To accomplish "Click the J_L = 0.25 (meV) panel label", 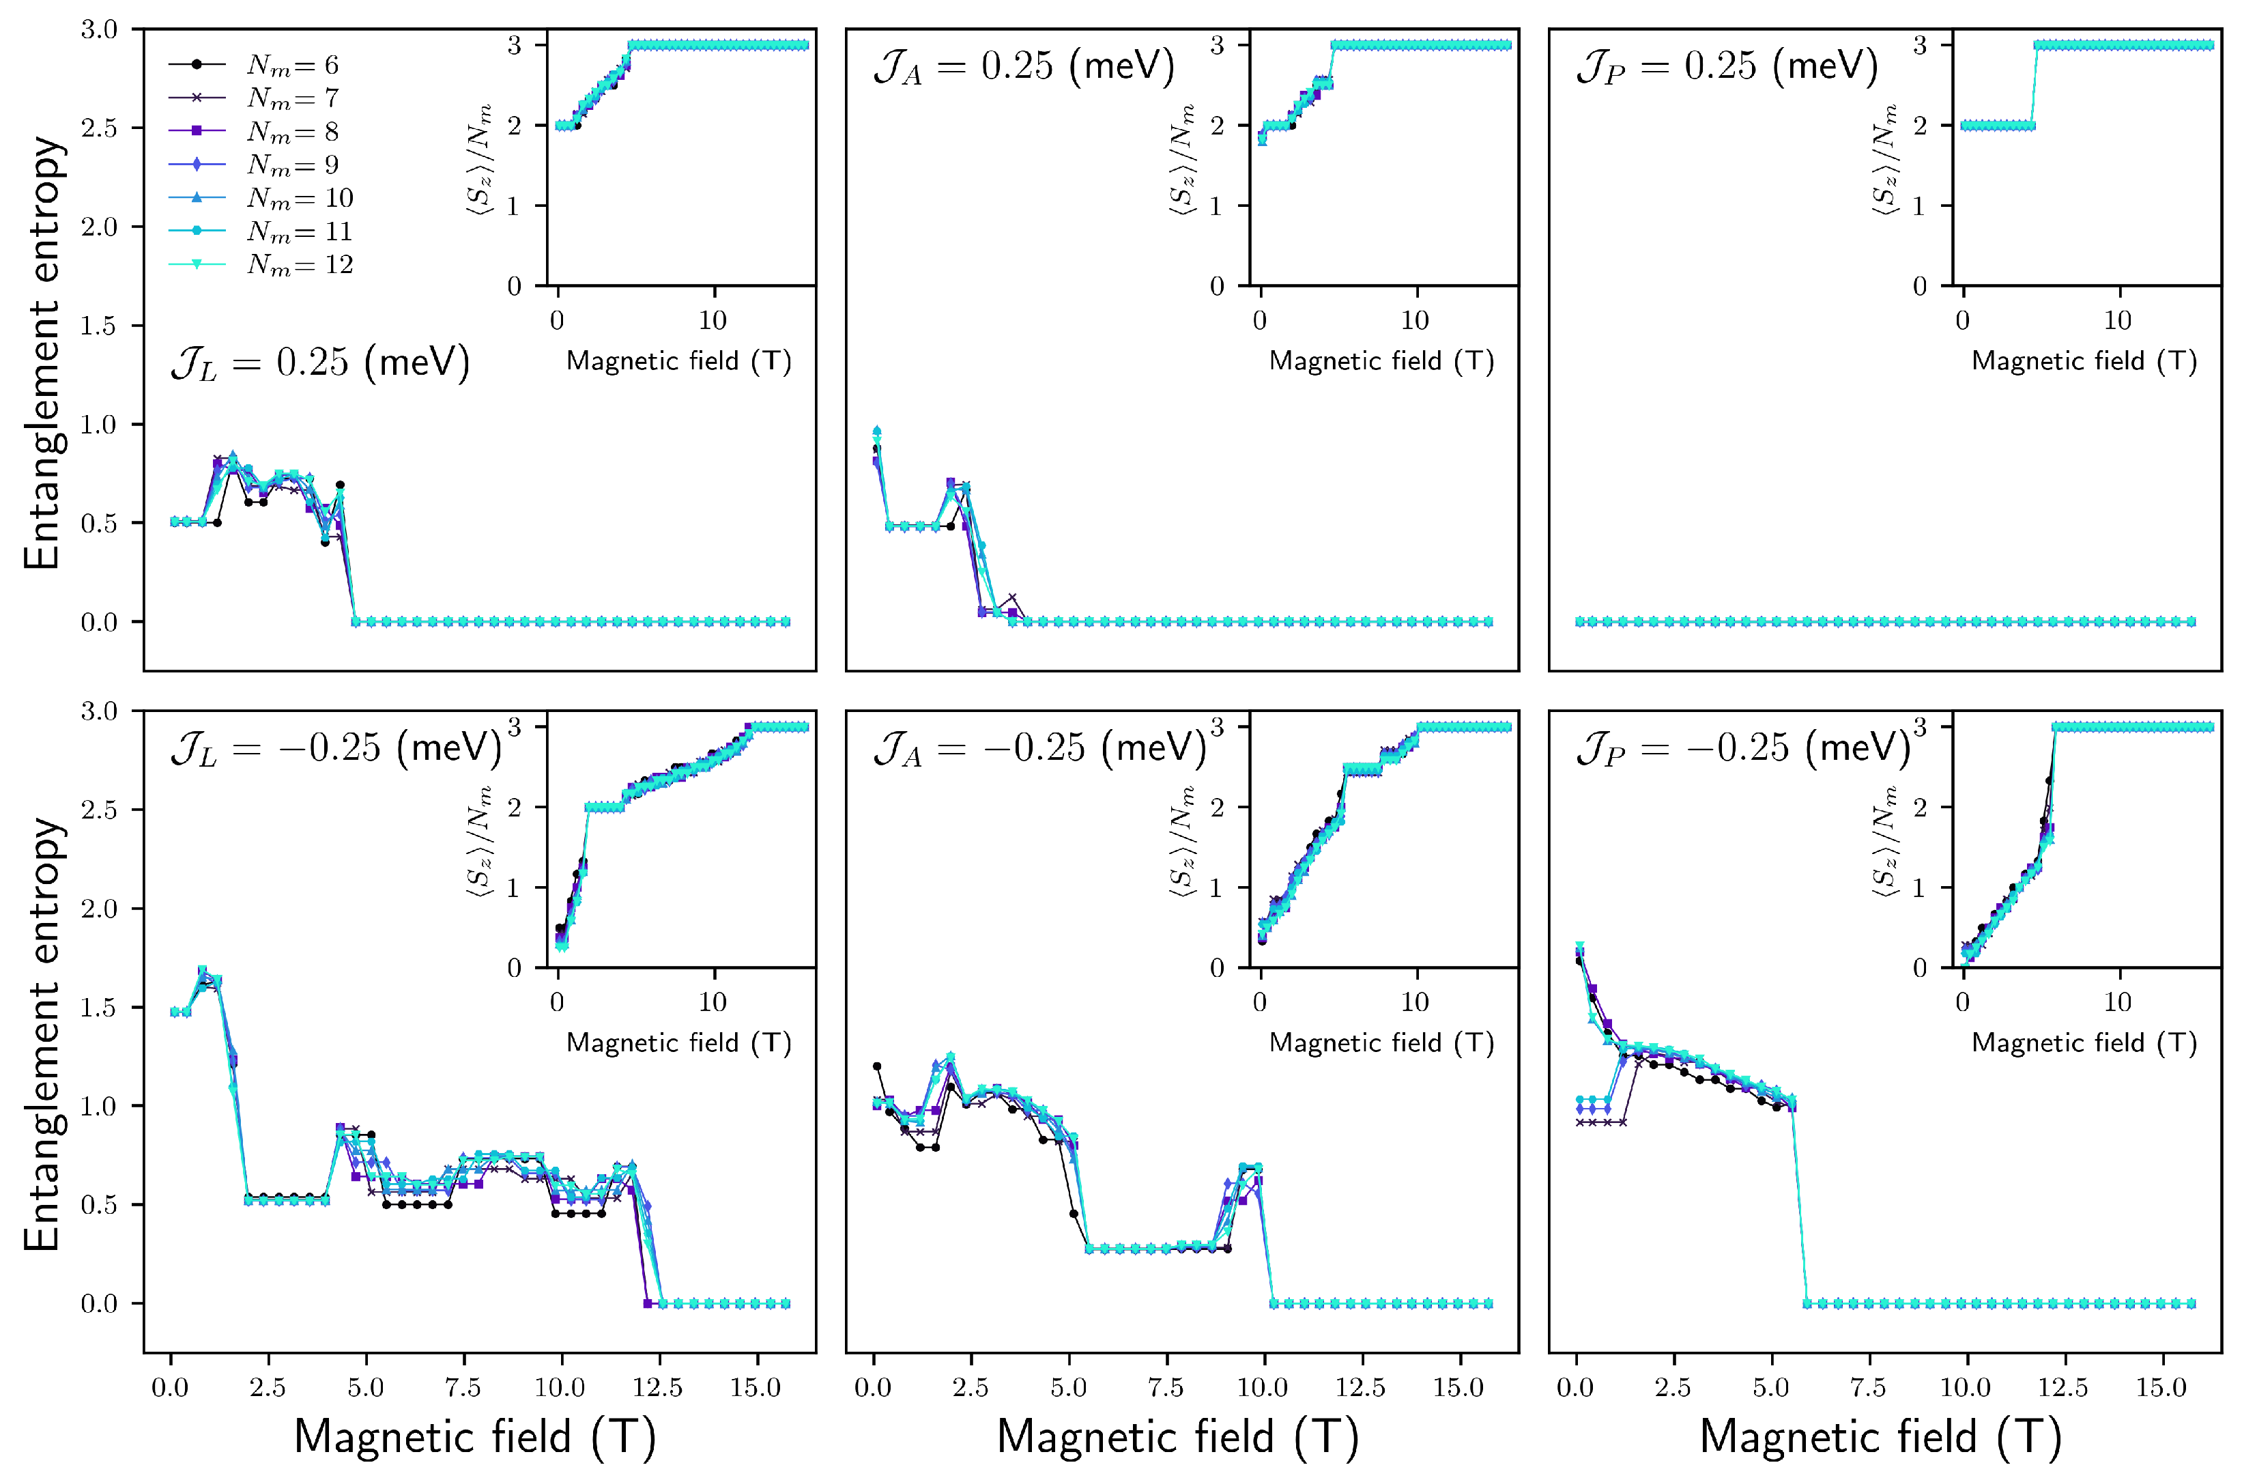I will tap(319, 364).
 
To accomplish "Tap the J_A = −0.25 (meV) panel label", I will tap(1039, 748).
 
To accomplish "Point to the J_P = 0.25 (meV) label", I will tap(1727, 67).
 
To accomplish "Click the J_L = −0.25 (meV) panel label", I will tap(336, 748).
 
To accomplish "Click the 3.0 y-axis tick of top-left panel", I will tap(99, 30).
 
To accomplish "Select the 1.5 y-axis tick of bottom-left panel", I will tap(99, 1008).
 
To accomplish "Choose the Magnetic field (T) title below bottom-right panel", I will tap(1880, 1438).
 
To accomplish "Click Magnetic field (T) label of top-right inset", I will tap(2084, 361).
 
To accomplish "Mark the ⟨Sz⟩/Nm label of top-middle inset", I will tap(1183, 160).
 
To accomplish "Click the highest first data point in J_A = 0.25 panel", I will tap(876, 431).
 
